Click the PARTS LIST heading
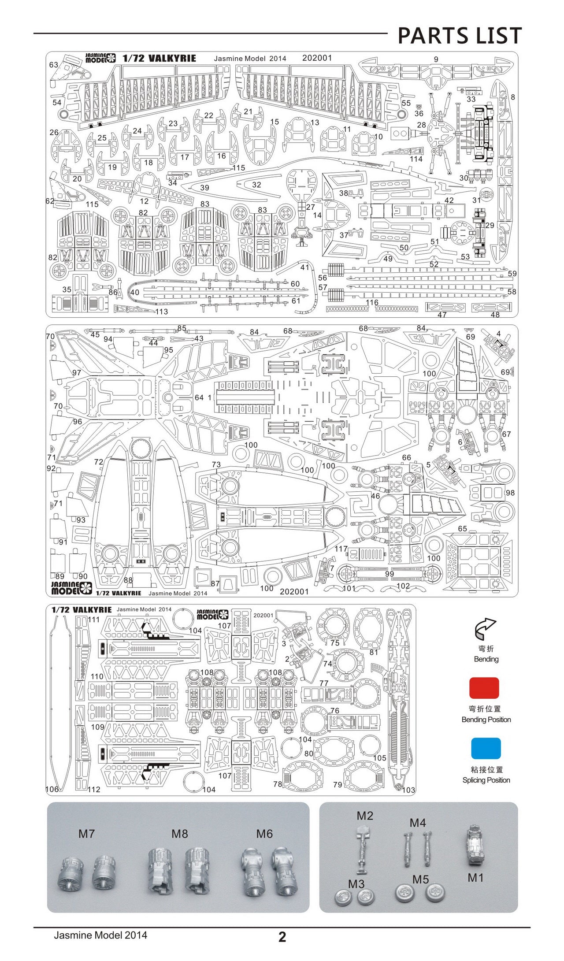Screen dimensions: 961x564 click(x=460, y=36)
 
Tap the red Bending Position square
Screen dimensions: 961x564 click(x=484, y=688)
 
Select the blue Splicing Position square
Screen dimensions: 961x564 click(x=486, y=748)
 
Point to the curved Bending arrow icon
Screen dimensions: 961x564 click(x=485, y=629)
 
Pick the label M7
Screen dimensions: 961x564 click(x=86, y=834)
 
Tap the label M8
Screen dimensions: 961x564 click(x=180, y=834)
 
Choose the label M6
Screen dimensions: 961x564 click(x=264, y=834)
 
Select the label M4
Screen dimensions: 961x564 click(x=418, y=823)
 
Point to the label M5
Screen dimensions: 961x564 click(x=420, y=879)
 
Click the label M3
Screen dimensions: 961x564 click(x=356, y=884)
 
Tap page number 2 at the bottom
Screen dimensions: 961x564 click(x=282, y=936)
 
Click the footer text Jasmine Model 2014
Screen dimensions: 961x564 click(x=100, y=935)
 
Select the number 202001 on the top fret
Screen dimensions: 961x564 click(x=317, y=58)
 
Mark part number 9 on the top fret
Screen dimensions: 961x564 click(x=436, y=59)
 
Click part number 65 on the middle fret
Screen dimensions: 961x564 click(x=462, y=529)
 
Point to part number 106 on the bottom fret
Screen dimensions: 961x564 click(x=52, y=789)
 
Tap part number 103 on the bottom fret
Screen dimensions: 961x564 click(x=408, y=790)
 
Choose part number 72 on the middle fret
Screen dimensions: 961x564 click(x=99, y=462)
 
